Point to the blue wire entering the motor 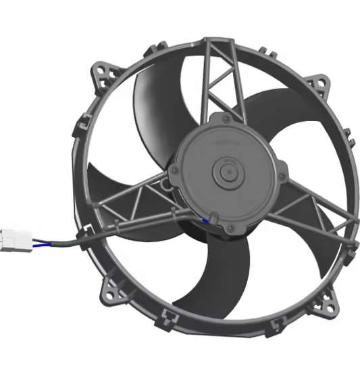(x=204, y=222)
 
